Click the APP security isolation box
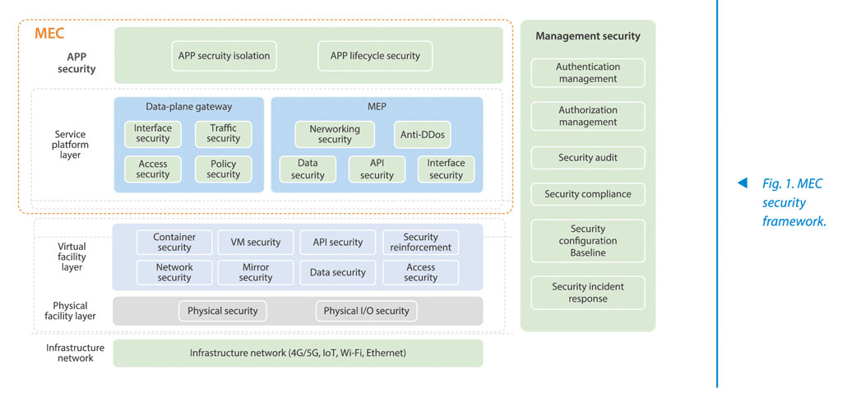click(x=224, y=56)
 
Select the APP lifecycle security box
click(x=375, y=56)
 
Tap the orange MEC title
click(x=49, y=34)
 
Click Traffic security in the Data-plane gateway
click(x=223, y=134)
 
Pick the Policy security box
click(x=223, y=169)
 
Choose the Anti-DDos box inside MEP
click(x=423, y=134)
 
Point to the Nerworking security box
click(x=335, y=134)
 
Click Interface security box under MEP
click(x=447, y=169)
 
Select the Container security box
click(x=174, y=243)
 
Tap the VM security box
click(x=256, y=243)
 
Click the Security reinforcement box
click(x=420, y=243)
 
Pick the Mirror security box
click(x=256, y=273)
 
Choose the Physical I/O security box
click(x=366, y=311)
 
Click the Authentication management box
click(x=588, y=73)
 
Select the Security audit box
click(x=588, y=158)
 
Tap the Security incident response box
click(x=588, y=293)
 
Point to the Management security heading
click(x=588, y=37)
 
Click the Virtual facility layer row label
click(x=72, y=257)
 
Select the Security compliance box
click(x=588, y=194)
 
